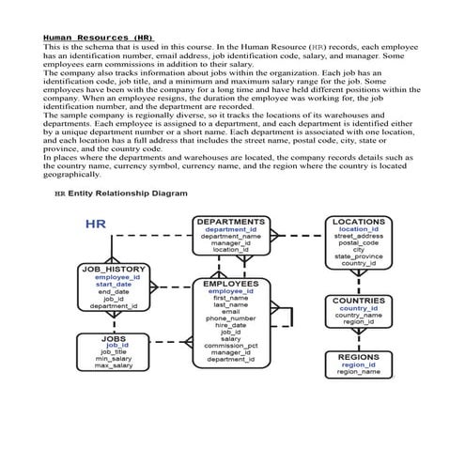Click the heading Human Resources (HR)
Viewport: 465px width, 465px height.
tap(98, 37)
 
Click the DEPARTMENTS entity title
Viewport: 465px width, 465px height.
tap(230, 223)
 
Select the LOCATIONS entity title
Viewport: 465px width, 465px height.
tap(359, 223)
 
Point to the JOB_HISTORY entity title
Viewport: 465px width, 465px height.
tap(113, 270)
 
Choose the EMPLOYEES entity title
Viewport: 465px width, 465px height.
tap(230, 283)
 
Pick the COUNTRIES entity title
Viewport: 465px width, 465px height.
tap(358, 301)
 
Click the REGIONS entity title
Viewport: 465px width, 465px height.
tap(358, 357)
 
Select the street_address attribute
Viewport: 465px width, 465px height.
tap(359, 236)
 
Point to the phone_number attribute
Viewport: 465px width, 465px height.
tap(230, 318)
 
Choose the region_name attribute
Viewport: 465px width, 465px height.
tap(358, 372)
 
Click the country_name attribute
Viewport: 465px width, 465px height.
tap(358, 315)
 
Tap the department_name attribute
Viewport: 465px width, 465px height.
tap(230, 237)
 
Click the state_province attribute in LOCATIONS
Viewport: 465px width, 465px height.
tap(359, 256)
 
